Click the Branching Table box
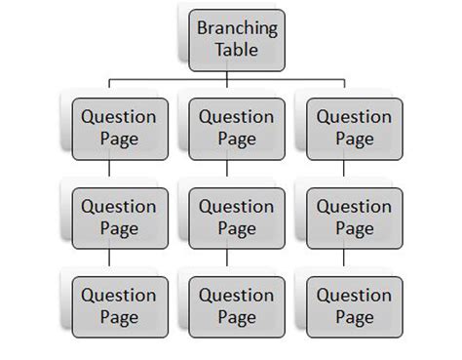pyautogui.click(x=238, y=39)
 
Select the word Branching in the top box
pyautogui.click(x=238, y=28)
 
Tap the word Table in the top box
pyautogui.click(x=238, y=50)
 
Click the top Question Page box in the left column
pyautogui.click(x=118, y=128)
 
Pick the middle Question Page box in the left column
pyautogui.click(x=118, y=217)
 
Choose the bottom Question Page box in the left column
pyautogui.click(x=118, y=305)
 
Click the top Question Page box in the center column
pyautogui.click(x=237, y=128)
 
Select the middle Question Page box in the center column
pyautogui.click(x=237, y=217)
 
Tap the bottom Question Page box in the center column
pyautogui.click(x=237, y=305)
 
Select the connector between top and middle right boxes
pyautogui.click(x=345, y=173)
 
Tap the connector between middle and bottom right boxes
pyautogui.click(x=345, y=261)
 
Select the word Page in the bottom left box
pyautogui.click(x=118, y=317)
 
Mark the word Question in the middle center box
pyautogui.click(x=237, y=206)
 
